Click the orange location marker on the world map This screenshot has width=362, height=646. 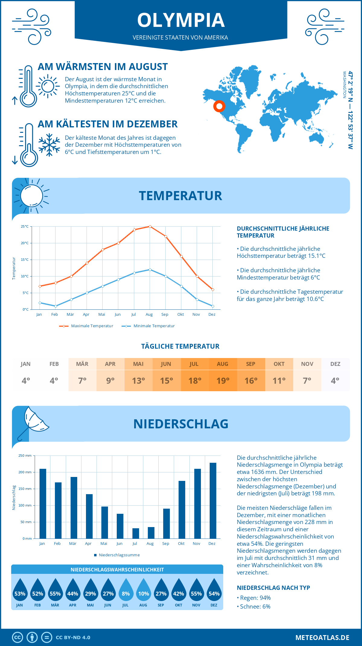tap(219, 106)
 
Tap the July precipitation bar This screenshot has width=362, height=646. tap(136, 533)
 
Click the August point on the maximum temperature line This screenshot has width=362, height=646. tap(150, 226)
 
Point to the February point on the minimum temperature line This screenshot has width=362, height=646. tap(56, 306)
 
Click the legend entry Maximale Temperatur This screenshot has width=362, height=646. tap(86, 326)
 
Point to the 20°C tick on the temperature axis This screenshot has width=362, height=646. tap(25, 243)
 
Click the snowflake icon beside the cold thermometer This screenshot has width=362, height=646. tap(49, 145)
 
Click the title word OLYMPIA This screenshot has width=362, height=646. tap(181, 20)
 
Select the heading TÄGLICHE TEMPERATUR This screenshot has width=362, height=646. tap(180, 346)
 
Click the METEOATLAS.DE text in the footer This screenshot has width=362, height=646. tap(322, 638)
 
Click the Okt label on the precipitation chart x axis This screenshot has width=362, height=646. tap(181, 543)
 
